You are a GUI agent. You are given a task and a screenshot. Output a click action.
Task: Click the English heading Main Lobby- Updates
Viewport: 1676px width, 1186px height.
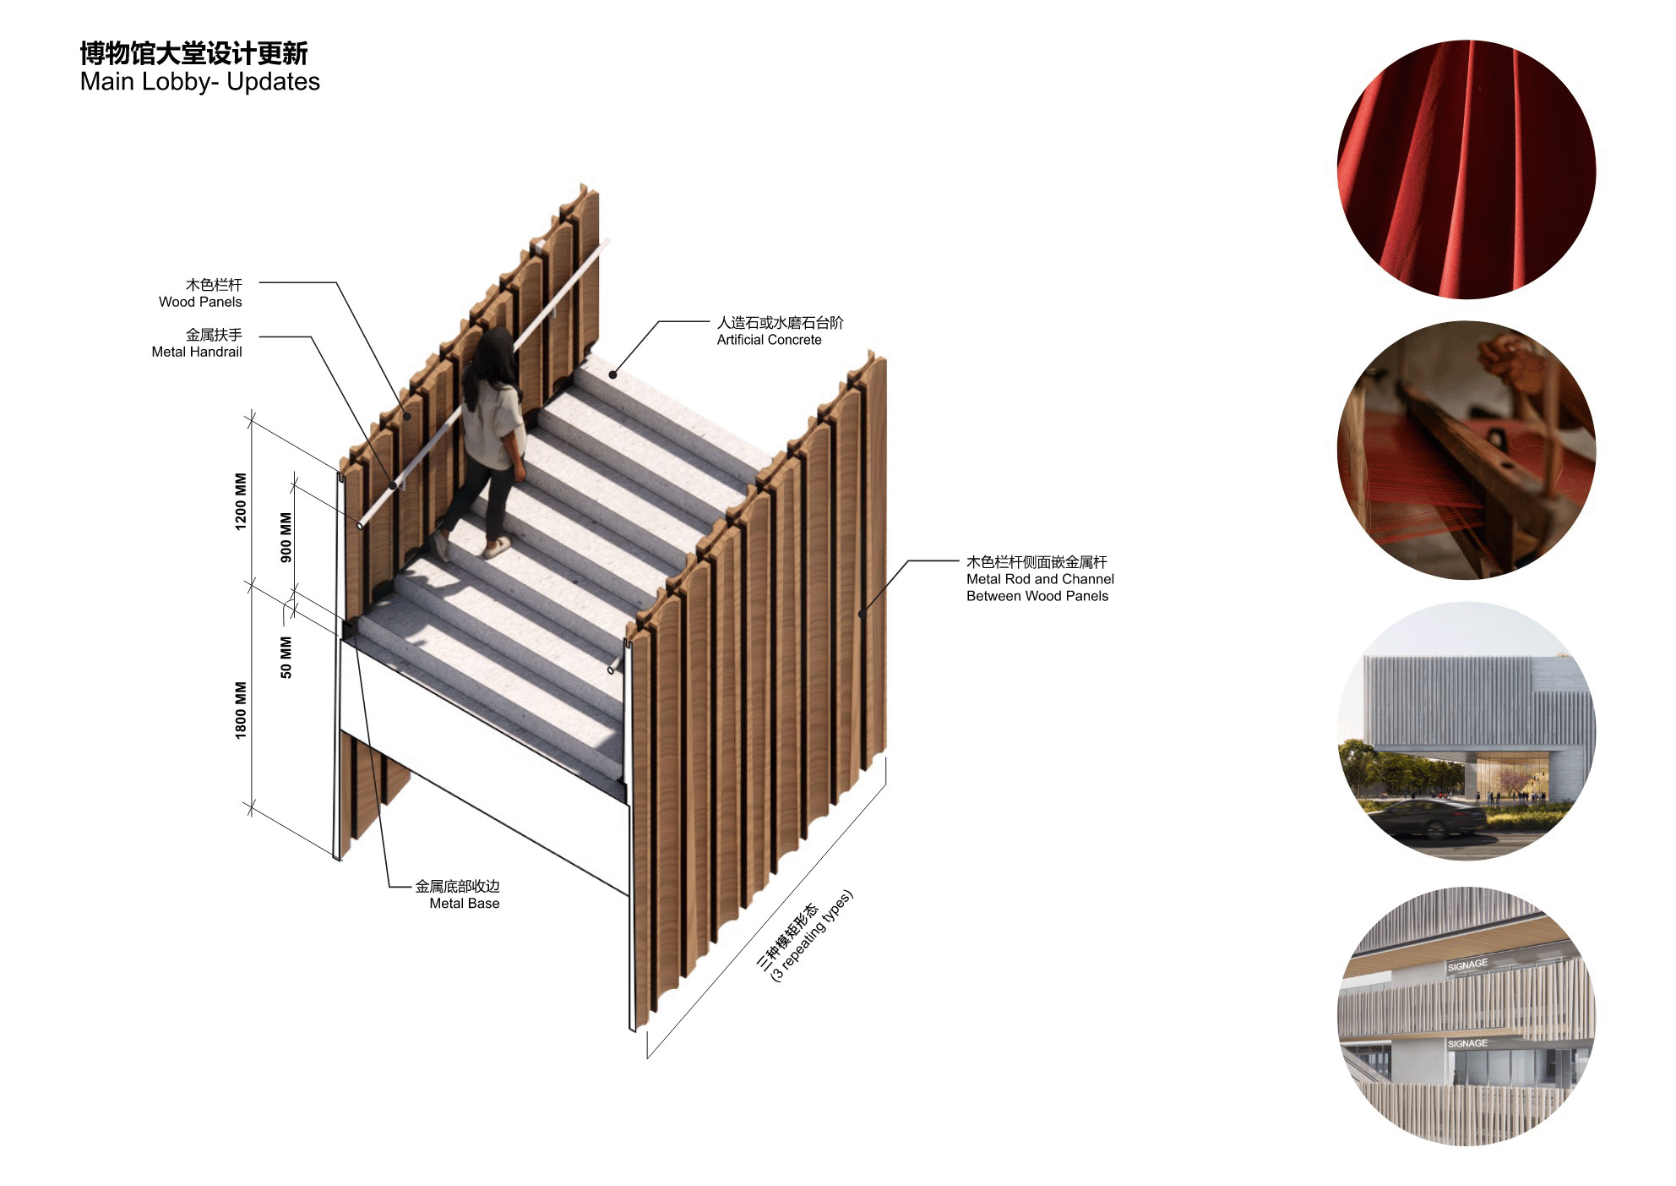click(200, 82)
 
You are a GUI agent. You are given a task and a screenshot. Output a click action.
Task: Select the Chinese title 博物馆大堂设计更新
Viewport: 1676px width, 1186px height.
click(193, 53)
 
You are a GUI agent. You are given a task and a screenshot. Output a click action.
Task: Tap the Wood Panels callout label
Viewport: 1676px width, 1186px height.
click(200, 302)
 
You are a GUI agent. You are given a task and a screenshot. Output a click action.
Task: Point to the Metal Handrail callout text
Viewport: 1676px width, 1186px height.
click(197, 352)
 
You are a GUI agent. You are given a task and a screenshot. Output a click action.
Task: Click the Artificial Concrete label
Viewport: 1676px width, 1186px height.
click(769, 340)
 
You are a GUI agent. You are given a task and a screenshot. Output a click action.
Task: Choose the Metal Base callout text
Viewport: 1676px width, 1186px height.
click(465, 904)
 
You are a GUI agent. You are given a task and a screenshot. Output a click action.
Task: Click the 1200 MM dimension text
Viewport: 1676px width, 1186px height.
click(242, 501)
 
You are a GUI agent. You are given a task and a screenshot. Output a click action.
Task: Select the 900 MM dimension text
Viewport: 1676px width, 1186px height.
click(286, 537)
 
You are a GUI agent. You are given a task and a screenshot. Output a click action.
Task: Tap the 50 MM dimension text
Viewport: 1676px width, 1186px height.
click(286, 657)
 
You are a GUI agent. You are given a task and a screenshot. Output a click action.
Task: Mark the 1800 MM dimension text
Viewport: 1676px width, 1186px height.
click(242, 710)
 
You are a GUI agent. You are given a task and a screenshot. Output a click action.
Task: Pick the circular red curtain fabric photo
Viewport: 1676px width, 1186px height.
click(1466, 169)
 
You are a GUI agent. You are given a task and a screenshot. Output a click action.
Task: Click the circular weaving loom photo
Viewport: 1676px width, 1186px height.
click(1466, 450)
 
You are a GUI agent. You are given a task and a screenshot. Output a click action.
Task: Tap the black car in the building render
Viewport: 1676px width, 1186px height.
click(1427, 818)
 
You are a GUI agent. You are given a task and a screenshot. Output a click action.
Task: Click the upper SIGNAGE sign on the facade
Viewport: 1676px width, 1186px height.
click(1467, 965)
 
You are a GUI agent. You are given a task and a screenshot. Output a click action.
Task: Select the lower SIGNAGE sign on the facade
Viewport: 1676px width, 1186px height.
click(1467, 1043)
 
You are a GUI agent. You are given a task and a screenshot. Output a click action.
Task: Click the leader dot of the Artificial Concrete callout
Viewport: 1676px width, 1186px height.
click(612, 374)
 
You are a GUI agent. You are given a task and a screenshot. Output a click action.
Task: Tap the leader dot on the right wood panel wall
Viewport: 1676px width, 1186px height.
click(861, 615)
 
